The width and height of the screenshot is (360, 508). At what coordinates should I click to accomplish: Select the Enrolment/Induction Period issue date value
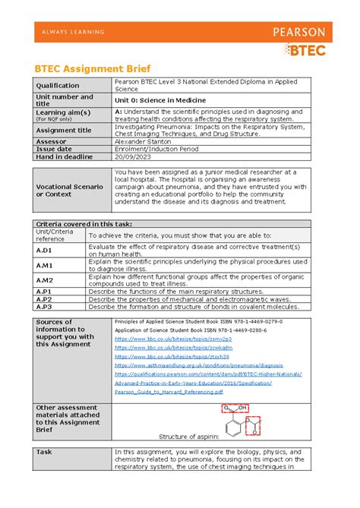pos(156,150)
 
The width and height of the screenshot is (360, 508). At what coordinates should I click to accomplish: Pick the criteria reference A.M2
pos(43,280)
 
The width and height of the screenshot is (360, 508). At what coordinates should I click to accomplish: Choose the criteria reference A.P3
pos(43,306)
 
